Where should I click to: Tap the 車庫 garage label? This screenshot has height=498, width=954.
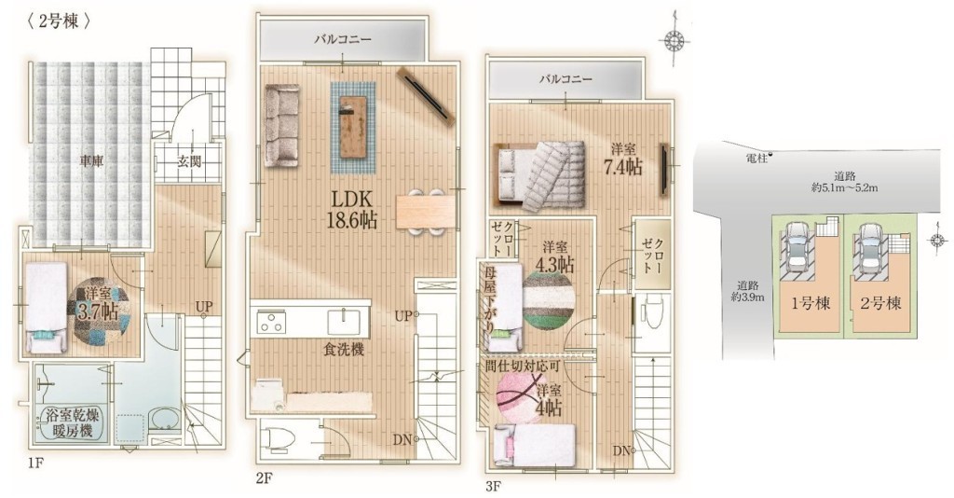coord(90,161)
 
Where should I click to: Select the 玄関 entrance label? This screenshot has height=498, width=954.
coord(190,162)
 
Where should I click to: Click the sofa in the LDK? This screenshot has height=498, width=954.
coord(282,125)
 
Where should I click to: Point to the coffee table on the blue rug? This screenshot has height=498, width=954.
coord(353,127)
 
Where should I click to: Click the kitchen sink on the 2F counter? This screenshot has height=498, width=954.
coord(345,320)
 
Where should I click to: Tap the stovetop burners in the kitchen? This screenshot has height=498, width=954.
coord(271,321)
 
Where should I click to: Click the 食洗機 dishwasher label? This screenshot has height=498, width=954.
coord(344,350)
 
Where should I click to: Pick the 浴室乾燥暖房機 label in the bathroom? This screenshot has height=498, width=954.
coord(69,423)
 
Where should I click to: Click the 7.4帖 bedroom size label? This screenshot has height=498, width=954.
coord(622,166)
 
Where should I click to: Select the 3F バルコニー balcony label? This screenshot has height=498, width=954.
coord(566,79)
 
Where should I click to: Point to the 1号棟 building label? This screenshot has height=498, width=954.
coord(811,302)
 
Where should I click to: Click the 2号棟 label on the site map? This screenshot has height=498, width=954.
coord(880,302)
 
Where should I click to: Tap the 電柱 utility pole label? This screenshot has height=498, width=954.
coord(756,157)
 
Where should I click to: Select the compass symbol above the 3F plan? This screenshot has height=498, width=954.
coord(674,41)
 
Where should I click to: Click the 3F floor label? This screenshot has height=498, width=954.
coord(493,487)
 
